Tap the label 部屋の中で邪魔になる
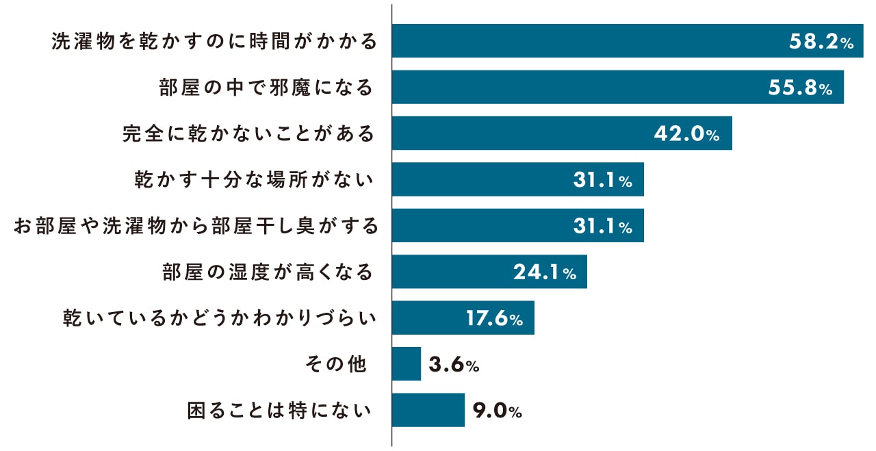(x=266, y=88)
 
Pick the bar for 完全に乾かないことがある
(x=520, y=133)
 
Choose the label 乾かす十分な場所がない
(x=255, y=180)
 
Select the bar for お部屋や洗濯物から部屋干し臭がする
(x=479, y=226)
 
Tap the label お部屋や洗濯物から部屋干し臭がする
(x=196, y=226)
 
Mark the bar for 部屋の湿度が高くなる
(x=452, y=272)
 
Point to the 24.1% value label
(x=545, y=273)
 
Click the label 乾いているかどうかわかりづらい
(x=220, y=318)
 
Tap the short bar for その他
(x=407, y=364)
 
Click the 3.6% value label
(x=454, y=365)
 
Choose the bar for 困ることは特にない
(x=428, y=410)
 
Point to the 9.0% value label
(x=497, y=411)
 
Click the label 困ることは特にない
(x=281, y=411)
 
